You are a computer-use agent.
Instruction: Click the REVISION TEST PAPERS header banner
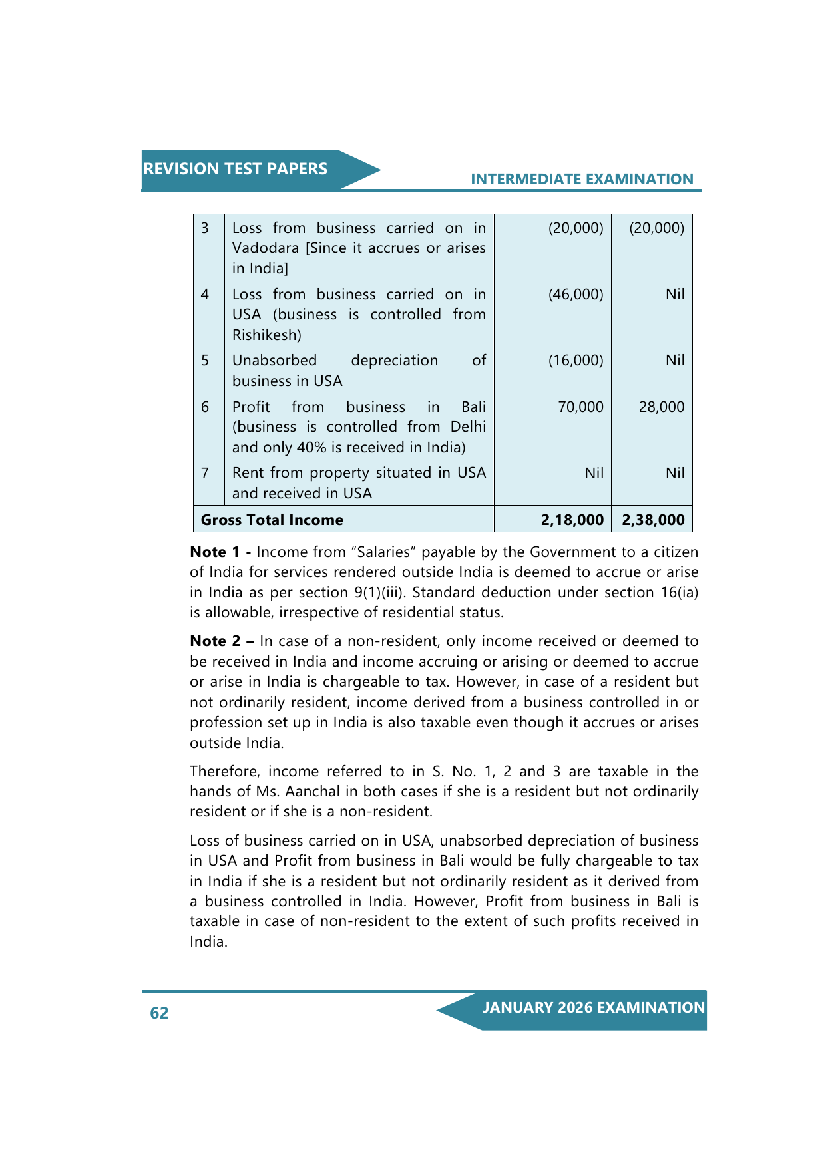pos(236,169)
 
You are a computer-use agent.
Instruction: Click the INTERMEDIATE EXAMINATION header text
pos(582,179)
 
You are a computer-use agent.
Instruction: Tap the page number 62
pos(159,1013)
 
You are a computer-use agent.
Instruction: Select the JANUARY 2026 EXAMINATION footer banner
pos(593,1007)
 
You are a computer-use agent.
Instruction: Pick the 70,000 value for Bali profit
pos(580,407)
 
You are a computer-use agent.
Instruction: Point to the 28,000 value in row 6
pos(661,407)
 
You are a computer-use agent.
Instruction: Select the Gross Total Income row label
pos(272,520)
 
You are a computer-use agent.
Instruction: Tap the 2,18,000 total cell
pos(572,520)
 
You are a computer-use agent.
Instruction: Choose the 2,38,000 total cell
pos(653,520)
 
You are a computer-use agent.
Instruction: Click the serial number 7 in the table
pos(205,473)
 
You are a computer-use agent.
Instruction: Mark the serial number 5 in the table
pos(205,360)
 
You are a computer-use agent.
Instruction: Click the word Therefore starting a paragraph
pos(224,771)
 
